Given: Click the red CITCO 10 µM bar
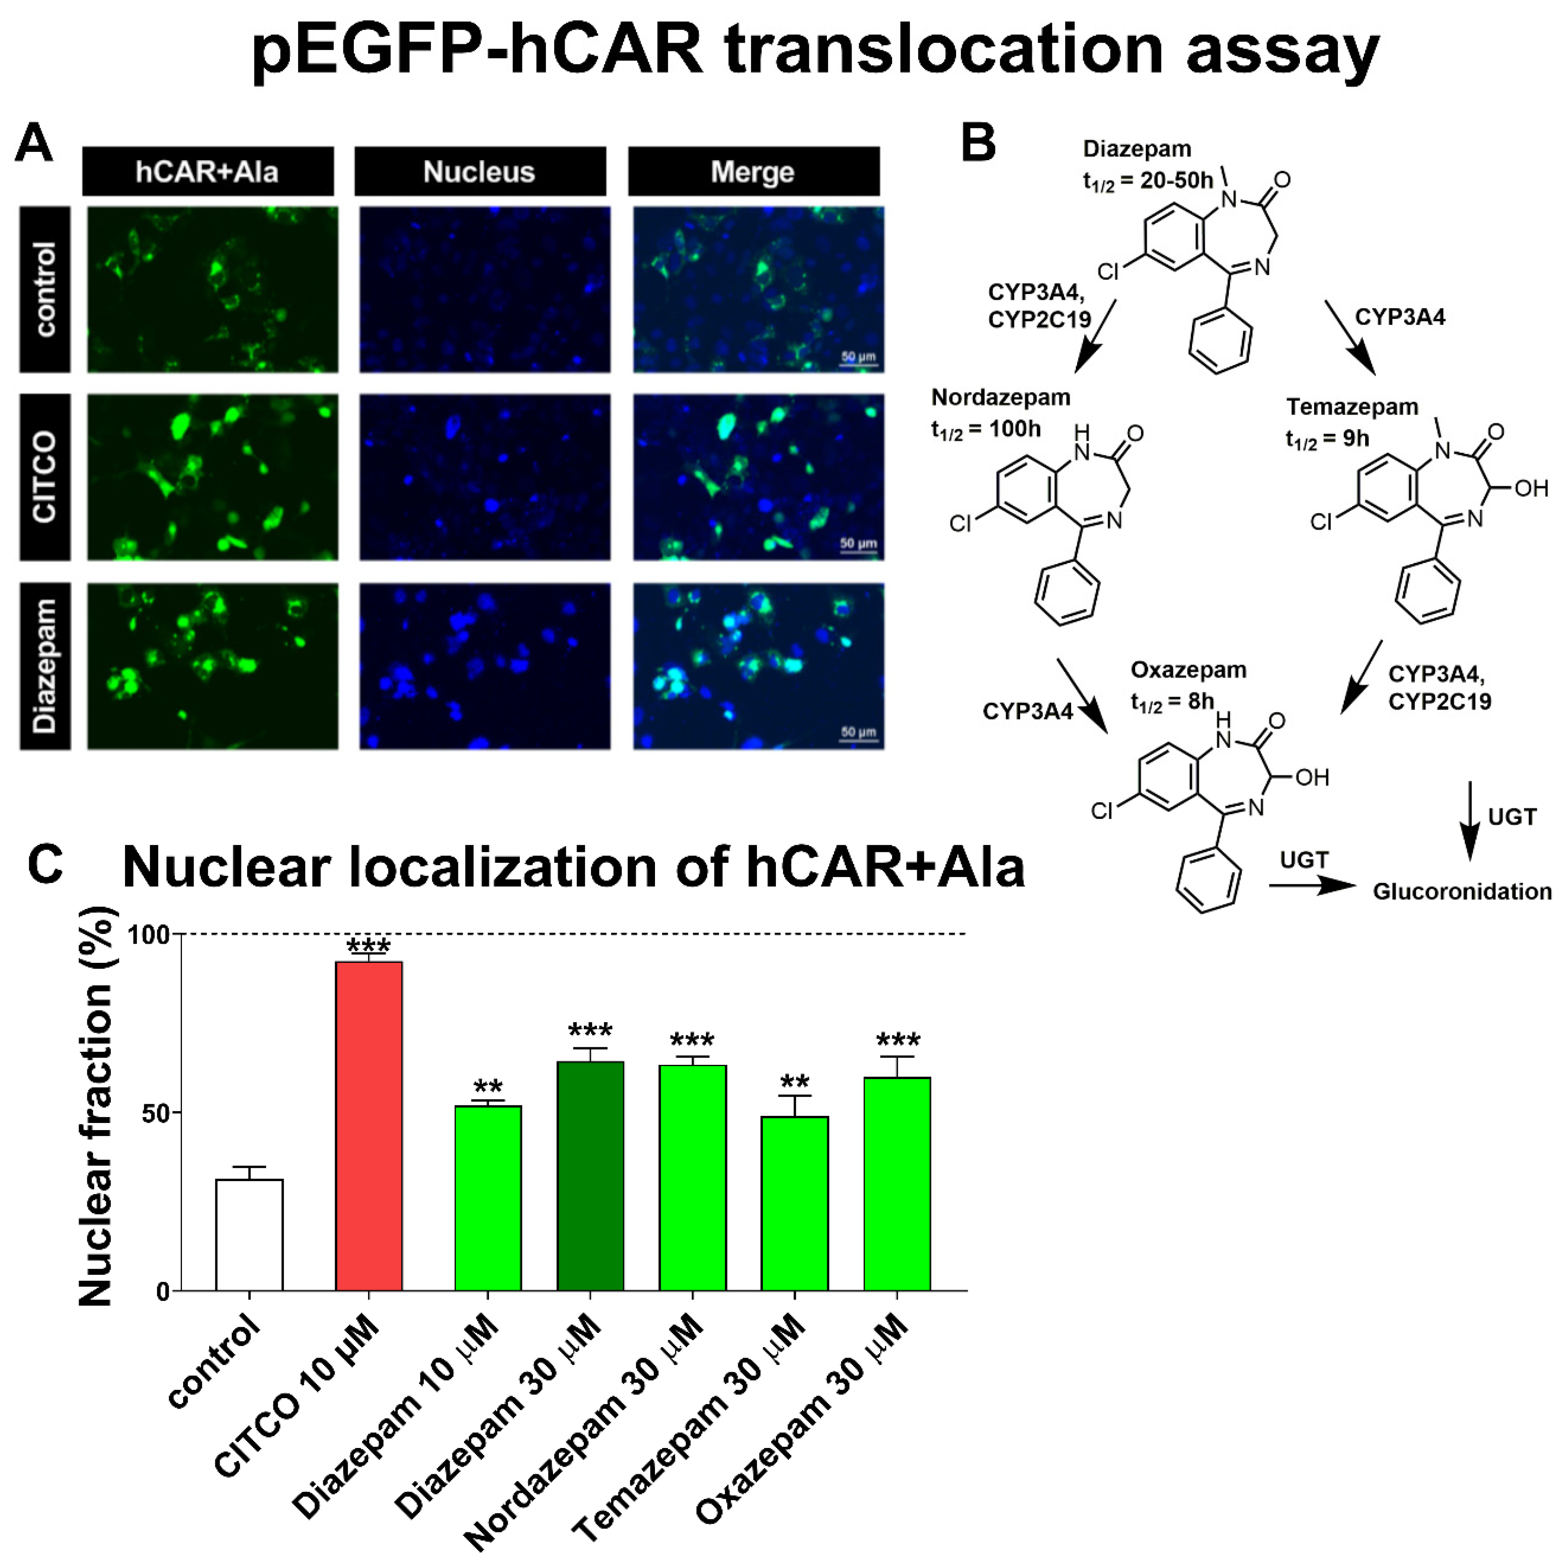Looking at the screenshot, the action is tap(369, 1126).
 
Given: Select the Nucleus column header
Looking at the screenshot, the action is tap(480, 171).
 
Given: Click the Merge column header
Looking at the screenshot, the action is tap(753, 171).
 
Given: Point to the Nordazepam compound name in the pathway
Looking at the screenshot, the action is tap(1001, 397).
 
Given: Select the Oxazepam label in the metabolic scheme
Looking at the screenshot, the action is tap(1188, 670).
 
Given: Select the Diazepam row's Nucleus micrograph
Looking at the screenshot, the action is tap(485, 666).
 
